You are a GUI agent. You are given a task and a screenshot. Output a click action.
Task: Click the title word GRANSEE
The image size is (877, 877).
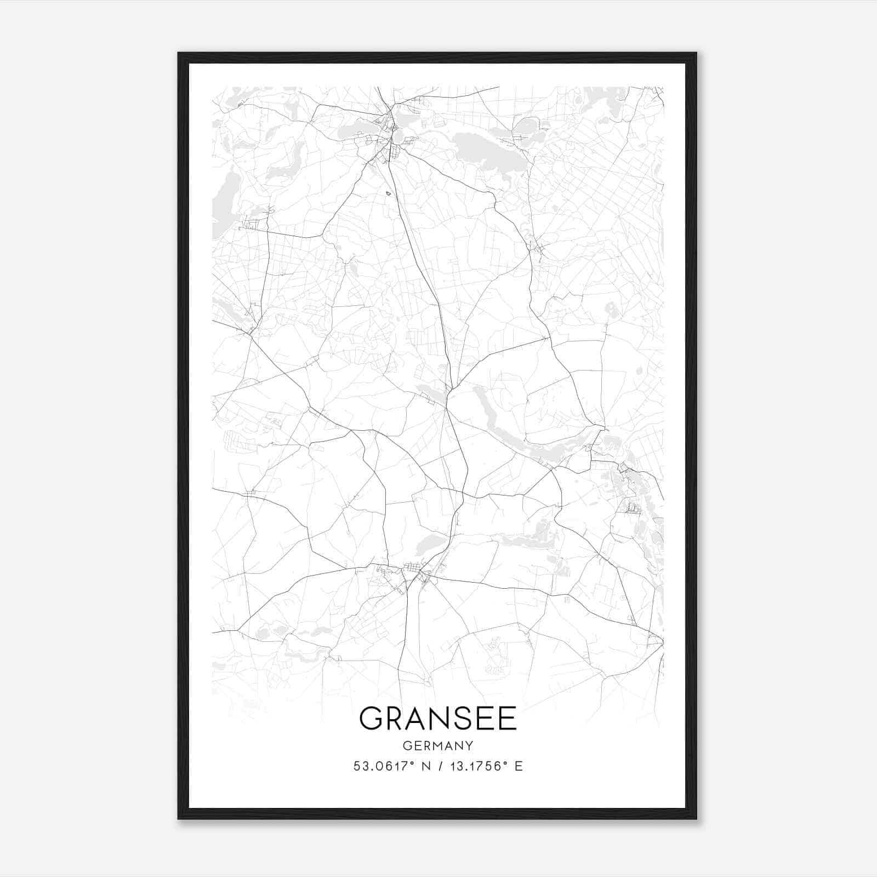[438, 718]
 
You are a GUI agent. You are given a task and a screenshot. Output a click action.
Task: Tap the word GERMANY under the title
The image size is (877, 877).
[438, 746]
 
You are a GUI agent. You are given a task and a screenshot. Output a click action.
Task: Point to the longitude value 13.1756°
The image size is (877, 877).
[475, 766]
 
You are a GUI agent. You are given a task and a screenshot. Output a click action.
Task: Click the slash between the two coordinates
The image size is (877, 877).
[438, 766]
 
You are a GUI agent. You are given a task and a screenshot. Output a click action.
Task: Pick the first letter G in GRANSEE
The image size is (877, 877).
[371, 718]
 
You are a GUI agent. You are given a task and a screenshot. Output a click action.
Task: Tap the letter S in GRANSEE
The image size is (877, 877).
[460, 718]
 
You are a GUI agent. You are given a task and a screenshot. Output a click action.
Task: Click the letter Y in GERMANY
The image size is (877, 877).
[469, 746]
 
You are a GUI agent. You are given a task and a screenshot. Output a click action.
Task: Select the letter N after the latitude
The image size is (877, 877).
[424, 766]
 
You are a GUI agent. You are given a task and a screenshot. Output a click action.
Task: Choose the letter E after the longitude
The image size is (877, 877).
[519, 766]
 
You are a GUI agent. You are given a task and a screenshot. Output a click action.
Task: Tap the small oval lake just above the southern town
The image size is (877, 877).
[430, 544]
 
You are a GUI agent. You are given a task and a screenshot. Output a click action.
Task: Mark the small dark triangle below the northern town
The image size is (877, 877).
[388, 192]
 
